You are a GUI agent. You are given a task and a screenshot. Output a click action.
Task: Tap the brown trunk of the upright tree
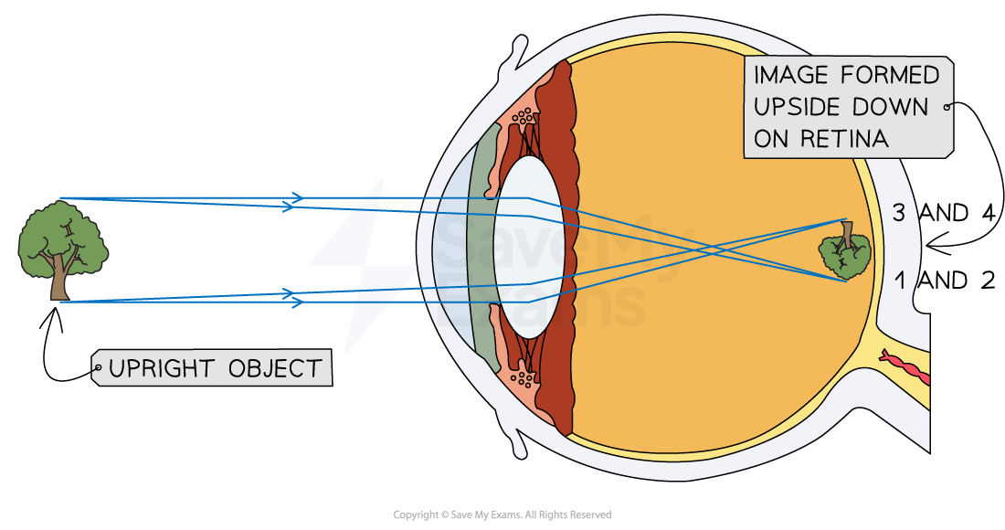click(59, 283)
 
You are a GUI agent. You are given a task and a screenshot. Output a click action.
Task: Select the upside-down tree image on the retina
click(844, 256)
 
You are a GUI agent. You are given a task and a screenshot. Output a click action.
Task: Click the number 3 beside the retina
click(898, 214)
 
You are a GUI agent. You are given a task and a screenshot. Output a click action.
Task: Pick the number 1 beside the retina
click(899, 282)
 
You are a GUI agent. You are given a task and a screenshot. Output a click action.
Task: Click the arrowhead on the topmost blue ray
click(297, 197)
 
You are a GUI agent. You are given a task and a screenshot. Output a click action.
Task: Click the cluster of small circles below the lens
click(525, 376)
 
